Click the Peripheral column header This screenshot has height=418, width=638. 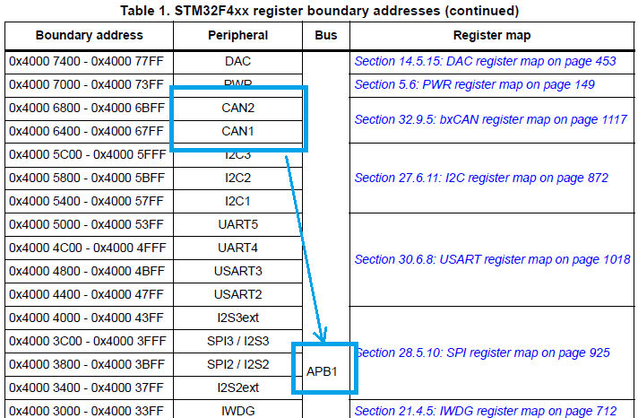[x=237, y=36]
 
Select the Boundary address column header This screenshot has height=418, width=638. [x=89, y=36]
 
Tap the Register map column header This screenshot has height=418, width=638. [x=491, y=36]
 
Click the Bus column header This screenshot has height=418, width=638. [x=325, y=36]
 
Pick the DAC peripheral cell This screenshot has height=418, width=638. [x=237, y=61]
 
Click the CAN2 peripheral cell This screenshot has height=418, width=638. [x=237, y=108]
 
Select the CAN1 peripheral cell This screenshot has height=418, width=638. [x=237, y=131]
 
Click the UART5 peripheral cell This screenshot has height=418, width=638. [x=237, y=224]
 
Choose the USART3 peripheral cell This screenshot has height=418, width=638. [x=237, y=271]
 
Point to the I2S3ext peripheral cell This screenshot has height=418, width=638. [x=237, y=318]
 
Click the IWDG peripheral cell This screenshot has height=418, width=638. [x=237, y=411]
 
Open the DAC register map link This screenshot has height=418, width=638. [x=485, y=61]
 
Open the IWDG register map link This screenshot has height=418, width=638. [x=486, y=411]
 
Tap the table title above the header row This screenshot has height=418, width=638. [x=318, y=11]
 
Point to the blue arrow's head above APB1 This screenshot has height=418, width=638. [x=323, y=337]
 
